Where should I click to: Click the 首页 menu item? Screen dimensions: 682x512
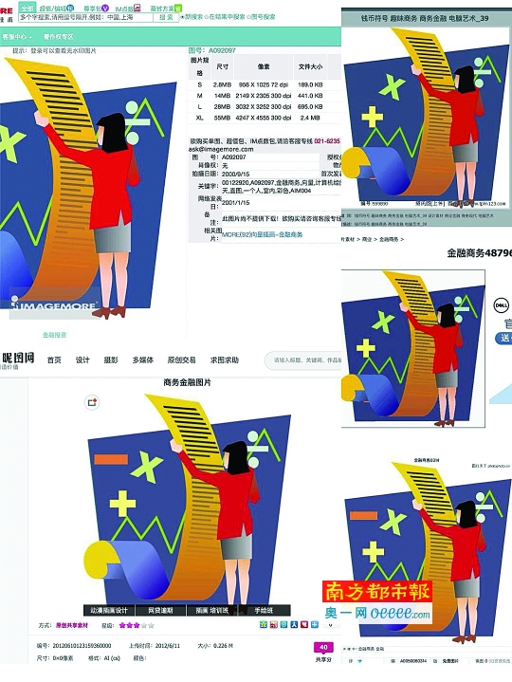coord(54,359)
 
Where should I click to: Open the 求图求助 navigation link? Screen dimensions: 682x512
coord(224,359)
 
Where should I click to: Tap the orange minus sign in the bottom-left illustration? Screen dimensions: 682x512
coord(111,458)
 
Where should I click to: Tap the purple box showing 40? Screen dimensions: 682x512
coord(324,648)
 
